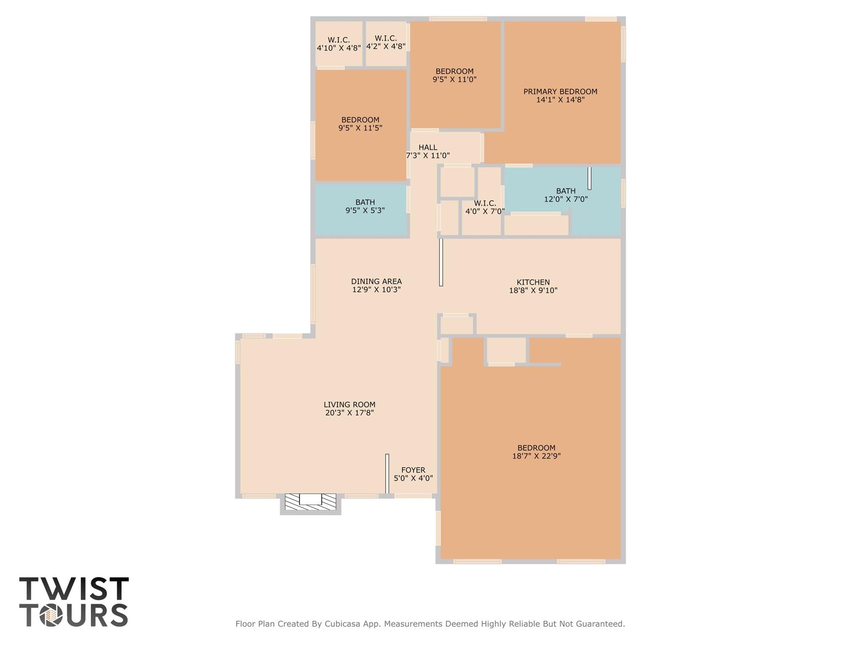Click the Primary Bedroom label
[560, 92]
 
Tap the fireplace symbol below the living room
[310, 501]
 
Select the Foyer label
[413, 470]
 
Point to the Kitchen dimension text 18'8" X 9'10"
[533, 290]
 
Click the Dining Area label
[376, 282]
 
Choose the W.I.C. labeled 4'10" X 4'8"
[339, 44]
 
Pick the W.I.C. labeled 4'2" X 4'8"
[386, 43]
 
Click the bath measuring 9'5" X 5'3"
[365, 206]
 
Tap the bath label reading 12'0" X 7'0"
[566, 199]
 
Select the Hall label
[428, 147]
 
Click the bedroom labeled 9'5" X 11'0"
[454, 75]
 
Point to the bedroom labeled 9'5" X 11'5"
[360, 124]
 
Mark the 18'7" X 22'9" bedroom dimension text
[536, 456]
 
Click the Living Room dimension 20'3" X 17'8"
[349, 413]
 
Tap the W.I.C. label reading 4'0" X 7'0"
[485, 207]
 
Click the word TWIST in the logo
[74, 589]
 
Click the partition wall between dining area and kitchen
[441, 262]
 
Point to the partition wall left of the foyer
[387, 473]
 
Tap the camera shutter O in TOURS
[51, 615]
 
